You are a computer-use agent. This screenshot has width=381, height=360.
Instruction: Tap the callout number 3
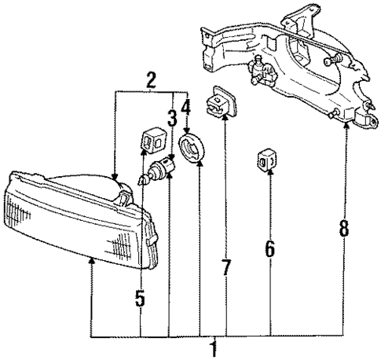coord(171,119)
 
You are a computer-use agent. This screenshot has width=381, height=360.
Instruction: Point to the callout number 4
coord(185,106)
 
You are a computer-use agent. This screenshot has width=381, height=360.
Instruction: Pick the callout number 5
coord(140,299)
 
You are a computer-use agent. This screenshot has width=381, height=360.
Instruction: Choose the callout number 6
coord(269,249)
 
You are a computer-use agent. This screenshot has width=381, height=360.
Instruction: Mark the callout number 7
coord(225,267)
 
